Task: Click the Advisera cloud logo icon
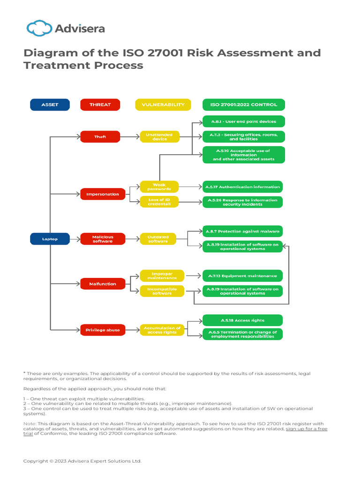pyautogui.click(x=39, y=29)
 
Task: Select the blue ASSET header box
pyautogui.click(x=50, y=105)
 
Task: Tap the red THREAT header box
pyautogui.click(x=100, y=105)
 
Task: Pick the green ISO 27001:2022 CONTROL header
pyautogui.click(x=243, y=105)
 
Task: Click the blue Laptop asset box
pyautogui.click(x=50, y=239)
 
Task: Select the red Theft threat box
pyautogui.click(x=100, y=136)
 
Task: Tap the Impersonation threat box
pyautogui.click(x=103, y=194)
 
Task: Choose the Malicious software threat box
pyautogui.click(x=103, y=239)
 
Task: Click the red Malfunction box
pyautogui.click(x=103, y=284)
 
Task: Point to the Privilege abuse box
pyautogui.click(x=103, y=330)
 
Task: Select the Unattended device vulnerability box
pyautogui.click(x=159, y=136)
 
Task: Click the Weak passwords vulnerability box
pyautogui.click(x=159, y=187)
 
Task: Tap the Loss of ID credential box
pyautogui.click(x=159, y=202)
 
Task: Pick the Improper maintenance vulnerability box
pyautogui.click(x=162, y=276)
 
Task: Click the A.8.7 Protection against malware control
pyautogui.click(x=242, y=232)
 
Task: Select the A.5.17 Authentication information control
pyautogui.click(x=242, y=187)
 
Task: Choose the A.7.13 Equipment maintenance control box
pyautogui.click(x=242, y=276)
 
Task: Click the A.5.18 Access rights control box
pyautogui.click(x=242, y=320)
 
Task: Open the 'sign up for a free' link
pyautogui.click(x=307, y=429)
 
